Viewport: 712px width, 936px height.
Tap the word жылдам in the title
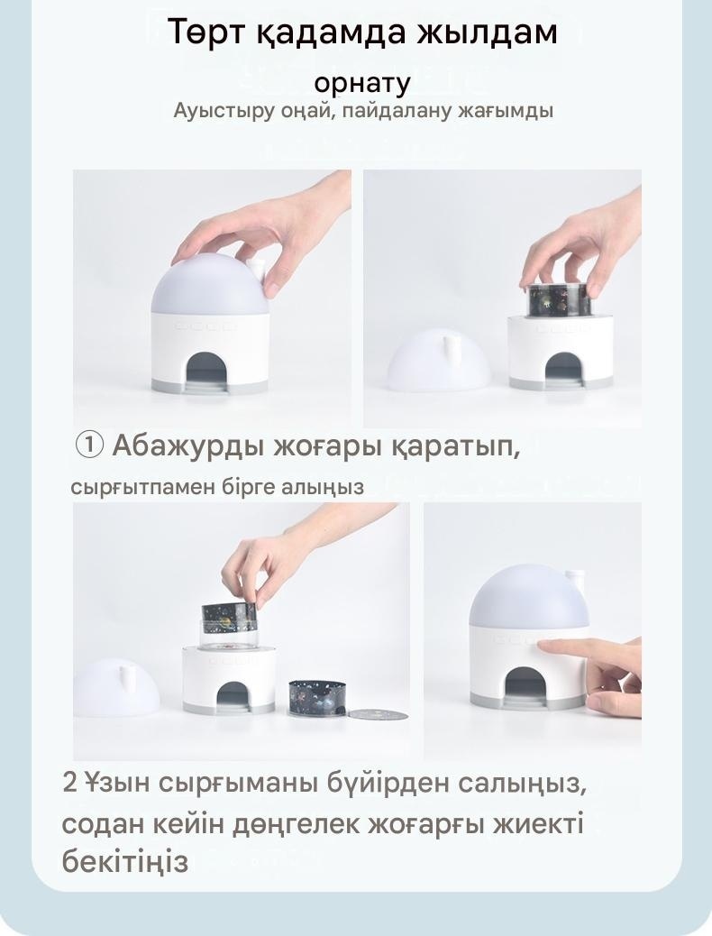(488, 33)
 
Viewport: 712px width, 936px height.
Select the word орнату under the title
(362, 84)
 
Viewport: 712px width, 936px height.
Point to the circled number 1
(89, 445)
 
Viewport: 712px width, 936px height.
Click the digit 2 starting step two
(69, 783)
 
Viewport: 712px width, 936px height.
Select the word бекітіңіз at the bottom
(124, 862)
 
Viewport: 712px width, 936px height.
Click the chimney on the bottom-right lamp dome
(577, 580)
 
